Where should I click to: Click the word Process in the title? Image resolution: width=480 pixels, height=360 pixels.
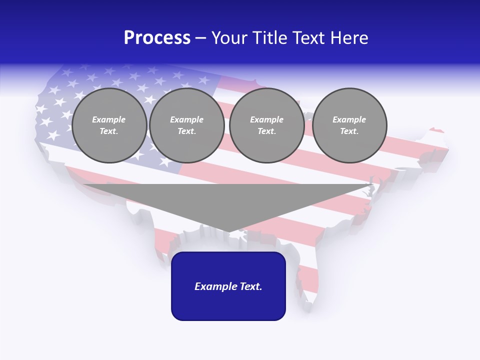tap(157, 38)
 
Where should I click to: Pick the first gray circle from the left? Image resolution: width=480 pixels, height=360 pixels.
tap(109, 125)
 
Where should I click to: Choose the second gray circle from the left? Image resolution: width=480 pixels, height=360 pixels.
tap(187, 125)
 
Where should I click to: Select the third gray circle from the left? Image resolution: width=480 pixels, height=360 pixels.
tap(266, 125)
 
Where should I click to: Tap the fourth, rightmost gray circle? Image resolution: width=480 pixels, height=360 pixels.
tap(349, 125)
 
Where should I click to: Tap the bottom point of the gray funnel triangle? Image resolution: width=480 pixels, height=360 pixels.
tap(228, 231)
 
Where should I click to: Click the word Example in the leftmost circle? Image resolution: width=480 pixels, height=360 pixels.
tap(109, 119)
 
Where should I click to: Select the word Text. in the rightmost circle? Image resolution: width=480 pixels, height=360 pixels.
tap(349, 131)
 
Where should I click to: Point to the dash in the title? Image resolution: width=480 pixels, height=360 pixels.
tap(200, 38)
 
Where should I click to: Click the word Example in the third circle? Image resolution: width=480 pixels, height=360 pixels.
tap(266, 119)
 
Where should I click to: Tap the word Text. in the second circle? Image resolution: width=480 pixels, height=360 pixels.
tap(187, 131)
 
